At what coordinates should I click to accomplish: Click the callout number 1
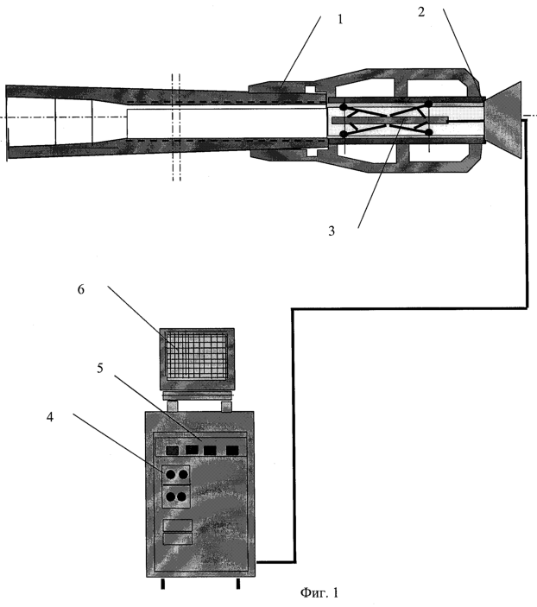(340, 19)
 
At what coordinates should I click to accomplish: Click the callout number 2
(421, 11)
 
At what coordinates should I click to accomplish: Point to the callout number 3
(332, 231)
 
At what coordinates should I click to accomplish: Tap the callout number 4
(50, 417)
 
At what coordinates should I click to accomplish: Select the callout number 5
(100, 368)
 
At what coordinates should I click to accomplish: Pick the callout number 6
(80, 289)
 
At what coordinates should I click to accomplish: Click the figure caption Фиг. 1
(319, 592)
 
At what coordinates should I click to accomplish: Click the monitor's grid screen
(197, 355)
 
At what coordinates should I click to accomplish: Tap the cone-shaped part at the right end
(503, 119)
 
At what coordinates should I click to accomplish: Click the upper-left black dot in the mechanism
(343, 106)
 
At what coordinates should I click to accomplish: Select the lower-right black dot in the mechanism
(428, 132)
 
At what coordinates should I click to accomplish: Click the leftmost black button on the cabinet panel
(173, 450)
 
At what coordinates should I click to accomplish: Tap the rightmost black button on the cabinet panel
(232, 450)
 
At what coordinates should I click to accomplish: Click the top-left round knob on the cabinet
(170, 474)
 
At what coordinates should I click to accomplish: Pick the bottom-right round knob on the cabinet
(182, 496)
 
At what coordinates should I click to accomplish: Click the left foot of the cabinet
(163, 584)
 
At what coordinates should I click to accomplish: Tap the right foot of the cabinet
(238, 584)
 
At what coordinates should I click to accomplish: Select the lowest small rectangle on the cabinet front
(178, 539)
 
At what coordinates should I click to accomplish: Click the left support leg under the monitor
(173, 406)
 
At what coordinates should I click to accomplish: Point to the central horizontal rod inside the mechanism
(390, 120)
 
